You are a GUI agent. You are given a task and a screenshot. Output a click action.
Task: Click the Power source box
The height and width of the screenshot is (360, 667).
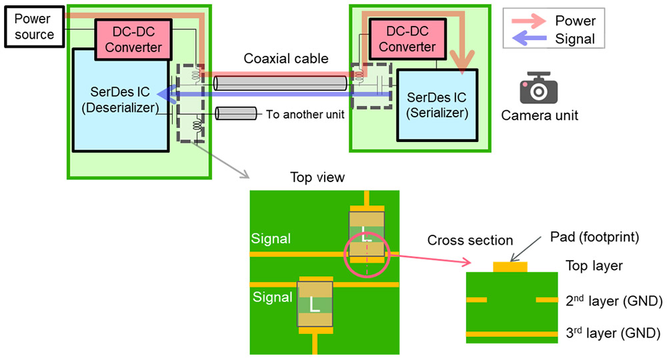tap(35, 27)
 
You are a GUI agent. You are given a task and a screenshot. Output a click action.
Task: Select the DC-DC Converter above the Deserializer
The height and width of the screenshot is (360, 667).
tap(133, 39)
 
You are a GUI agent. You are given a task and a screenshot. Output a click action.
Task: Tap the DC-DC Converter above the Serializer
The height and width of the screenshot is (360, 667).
tap(408, 39)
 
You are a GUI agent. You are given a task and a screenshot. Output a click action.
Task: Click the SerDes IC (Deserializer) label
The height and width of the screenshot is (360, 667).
tap(120, 100)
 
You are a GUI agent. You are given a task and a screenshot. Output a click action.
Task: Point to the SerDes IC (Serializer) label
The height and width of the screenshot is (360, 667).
tap(437, 105)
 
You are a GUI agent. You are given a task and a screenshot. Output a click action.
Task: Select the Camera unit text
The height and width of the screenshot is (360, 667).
tap(540, 115)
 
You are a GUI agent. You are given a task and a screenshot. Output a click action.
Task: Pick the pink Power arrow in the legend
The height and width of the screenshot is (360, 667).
tap(529, 21)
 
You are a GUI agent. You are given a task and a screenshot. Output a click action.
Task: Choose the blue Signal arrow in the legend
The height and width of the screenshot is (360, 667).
tap(529, 39)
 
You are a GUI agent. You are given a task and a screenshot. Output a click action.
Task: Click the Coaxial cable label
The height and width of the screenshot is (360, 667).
tap(286, 58)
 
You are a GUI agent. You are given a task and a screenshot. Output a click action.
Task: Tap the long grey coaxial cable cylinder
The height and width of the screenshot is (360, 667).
tap(280, 83)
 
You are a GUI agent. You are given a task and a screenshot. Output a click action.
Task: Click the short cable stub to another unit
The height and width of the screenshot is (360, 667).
tap(236, 113)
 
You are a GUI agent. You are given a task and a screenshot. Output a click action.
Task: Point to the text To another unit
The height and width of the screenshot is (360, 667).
tap(305, 114)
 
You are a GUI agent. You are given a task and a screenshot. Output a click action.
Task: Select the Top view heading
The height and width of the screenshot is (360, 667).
tap(317, 177)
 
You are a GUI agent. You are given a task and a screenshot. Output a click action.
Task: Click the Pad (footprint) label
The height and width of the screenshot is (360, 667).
tap(595, 237)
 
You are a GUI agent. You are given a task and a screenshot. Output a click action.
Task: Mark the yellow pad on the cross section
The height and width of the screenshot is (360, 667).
tap(510, 267)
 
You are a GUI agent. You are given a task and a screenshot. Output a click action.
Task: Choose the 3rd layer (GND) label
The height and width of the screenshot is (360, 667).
tap(613, 333)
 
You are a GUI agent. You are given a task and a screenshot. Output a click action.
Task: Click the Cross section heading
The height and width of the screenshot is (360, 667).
tap(470, 240)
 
